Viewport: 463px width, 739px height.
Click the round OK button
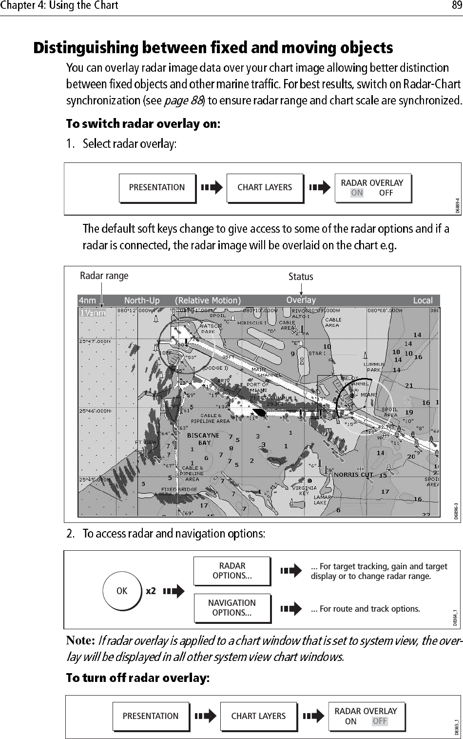pos(122,591)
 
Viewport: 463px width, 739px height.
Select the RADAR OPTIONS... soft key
pos(232,571)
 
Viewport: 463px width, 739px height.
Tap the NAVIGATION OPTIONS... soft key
pos(232,608)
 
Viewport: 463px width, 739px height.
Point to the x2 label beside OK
pos(151,591)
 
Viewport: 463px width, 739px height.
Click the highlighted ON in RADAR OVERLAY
pos(357,193)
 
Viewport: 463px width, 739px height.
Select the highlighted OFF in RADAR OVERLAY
pos(380,721)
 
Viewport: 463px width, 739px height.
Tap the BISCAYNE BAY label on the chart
pos(203,439)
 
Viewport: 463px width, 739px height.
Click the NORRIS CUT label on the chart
pos(353,475)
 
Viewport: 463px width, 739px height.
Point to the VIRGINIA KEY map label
pos(304,490)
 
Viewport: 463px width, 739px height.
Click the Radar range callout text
pos(104,276)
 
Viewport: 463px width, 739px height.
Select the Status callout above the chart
pos(301,277)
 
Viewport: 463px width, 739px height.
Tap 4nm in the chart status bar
pos(88,300)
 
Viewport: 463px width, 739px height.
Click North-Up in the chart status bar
pos(142,300)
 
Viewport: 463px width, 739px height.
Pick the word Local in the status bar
pos(423,300)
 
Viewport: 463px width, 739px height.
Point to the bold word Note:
pos(80,640)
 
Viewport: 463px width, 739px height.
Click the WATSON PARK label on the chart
pos(208,329)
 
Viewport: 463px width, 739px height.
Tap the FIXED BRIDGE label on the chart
pos(179,489)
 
